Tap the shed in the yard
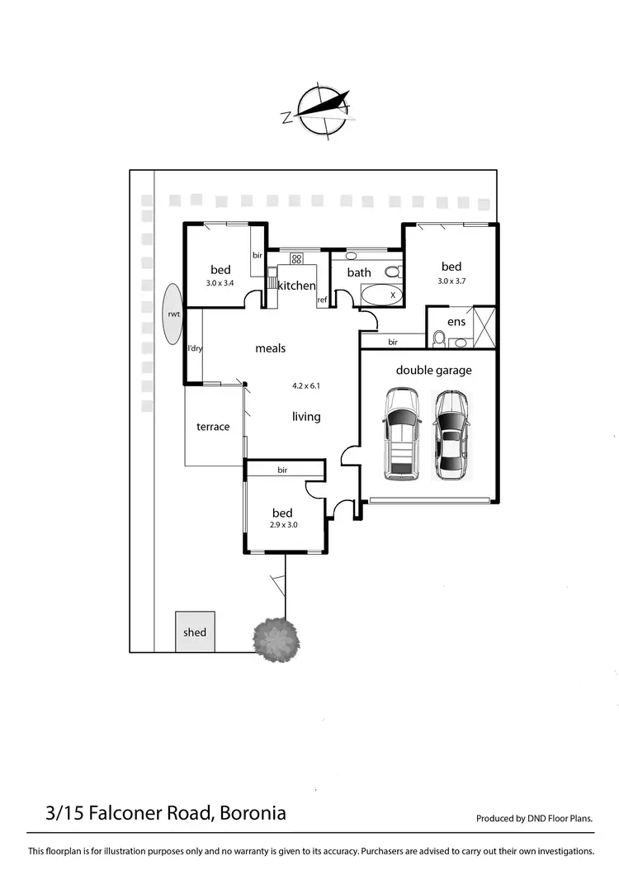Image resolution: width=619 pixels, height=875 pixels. pyautogui.click(x=195, y=631)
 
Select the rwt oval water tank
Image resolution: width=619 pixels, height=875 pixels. pyautogui.click(x=173, y=314)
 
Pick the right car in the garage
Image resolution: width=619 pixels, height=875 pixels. pyautogui.click(x=451, y=434)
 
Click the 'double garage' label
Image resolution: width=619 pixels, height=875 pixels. pyautogui.click(x=433, y=370)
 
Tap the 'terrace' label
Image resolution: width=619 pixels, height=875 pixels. pyautogui.click(x=212, y=427)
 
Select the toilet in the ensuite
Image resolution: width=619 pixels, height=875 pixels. pyautogui.click(x=439, y=339)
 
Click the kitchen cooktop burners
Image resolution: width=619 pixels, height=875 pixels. pyautogui.click(x=296, y=258)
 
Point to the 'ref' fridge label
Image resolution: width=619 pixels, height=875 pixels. pyautogui.click(x=322, y=300)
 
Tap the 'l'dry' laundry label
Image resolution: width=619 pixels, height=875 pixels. pyautogui.click(x=195, y=348)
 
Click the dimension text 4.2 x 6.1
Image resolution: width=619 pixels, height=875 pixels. pyautogui.click(x=305, y=385)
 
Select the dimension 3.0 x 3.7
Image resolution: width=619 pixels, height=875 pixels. pyautogui.click(x=451, y=281)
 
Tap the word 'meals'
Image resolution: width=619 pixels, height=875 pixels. pyautogui.click(x=270, y=348)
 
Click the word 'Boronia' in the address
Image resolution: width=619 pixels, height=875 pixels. pyautogui.click(x=253, y=813)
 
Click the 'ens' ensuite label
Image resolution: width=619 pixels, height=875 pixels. pyautogui.click(x=456, y=322)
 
